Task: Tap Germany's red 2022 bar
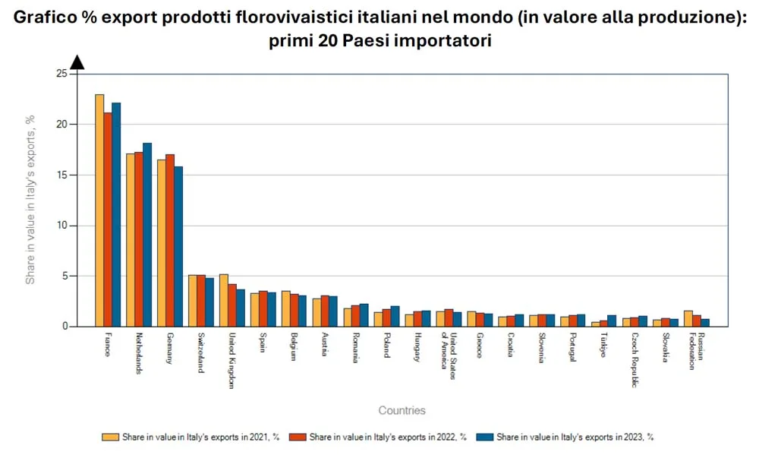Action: pyautogui.click(x=169, y=240)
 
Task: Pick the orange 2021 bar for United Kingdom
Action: pyautogui.click(x=224, y=300)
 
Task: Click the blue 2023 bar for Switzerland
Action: pyautogui.click(x=209, y=302)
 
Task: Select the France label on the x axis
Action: pyautogui.click(x=107, y=346)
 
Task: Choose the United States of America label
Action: pyautogui.click(x=450, y=350)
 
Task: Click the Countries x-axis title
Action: pyautogui.click(x=402, y=411)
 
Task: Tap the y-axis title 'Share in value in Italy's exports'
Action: pyautogui.click(x=31, y=200)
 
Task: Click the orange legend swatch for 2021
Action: pyautogui.click(x=111, y=438)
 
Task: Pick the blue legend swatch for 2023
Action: pyautogui.click(x=485, y=438)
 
